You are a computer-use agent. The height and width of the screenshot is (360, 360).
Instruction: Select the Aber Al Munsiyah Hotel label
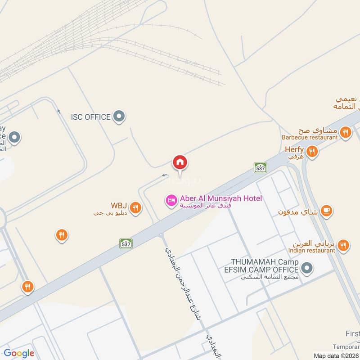coord(220,198)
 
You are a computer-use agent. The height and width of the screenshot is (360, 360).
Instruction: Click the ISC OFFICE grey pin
coord(119,117)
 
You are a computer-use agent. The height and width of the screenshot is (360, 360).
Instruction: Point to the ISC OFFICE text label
coord(90,117)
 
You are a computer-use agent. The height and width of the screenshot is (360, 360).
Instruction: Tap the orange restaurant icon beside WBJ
coord(135,208)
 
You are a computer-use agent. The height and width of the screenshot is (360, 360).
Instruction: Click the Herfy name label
coord(294,150)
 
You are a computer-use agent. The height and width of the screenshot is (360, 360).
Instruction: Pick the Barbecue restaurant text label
coord(310,137)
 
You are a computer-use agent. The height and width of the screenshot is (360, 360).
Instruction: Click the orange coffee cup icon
coord(327,211)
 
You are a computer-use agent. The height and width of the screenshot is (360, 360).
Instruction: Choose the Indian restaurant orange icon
coord(343,245)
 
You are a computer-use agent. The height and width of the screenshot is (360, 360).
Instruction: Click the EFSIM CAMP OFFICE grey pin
coord(307,269)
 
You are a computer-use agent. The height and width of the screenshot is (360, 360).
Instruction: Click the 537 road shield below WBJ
coord(126,243)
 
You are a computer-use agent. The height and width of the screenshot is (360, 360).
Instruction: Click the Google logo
coord(19,353)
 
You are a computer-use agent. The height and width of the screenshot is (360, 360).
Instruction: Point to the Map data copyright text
coord(336,355)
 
